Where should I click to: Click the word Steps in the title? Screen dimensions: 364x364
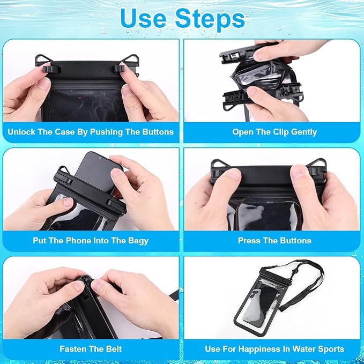210,19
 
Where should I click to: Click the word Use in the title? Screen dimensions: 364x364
143,19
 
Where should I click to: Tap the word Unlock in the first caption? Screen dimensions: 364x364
21,132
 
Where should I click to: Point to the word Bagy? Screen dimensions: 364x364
138,241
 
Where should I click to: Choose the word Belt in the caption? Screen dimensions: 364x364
114,349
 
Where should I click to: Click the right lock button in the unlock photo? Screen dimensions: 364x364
118,69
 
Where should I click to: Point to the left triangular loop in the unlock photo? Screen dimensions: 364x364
43,60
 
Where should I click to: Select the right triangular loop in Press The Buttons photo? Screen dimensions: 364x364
316,164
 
